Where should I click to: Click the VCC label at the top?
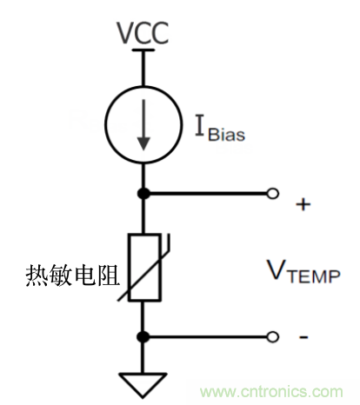[143, 34]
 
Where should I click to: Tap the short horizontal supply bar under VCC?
[143, 51]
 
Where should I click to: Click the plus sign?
[303, 204]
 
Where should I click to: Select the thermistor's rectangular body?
[143, 266]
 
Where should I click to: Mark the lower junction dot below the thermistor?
[143, 336]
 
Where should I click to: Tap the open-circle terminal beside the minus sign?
[273, 336]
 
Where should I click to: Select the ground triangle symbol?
[143, 380]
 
